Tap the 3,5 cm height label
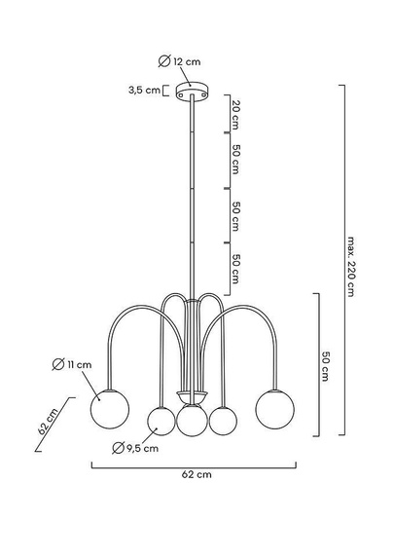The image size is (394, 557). click(144, 91)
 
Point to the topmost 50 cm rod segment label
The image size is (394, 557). click(236, 159)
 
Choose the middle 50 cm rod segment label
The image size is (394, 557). click(236, 217)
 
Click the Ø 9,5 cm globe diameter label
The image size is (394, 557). click(133, 449)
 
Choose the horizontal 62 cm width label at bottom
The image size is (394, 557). click(197, 475)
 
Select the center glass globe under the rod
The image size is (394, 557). click(192, 420)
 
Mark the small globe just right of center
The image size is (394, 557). click(224, 421)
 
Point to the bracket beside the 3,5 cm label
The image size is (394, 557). click(167, 91)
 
